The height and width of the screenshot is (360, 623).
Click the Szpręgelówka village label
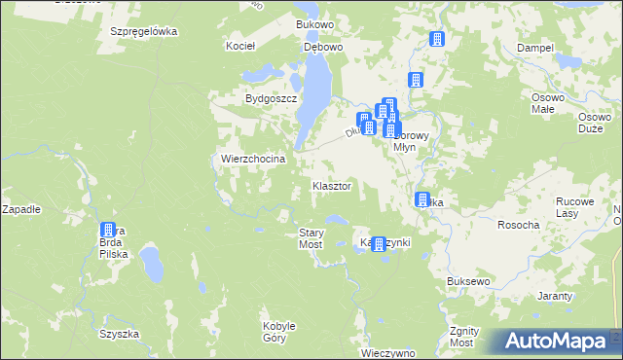click(143, 31)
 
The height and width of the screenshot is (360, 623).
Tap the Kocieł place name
click(239, 46)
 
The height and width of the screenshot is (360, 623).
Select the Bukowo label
click(314, 23)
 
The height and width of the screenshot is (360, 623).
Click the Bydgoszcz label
click(269, 99)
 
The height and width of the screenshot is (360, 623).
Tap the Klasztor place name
click(331, 185)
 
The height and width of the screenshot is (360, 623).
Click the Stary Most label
click(311, 238)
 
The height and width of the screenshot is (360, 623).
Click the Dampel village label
click(534, 48)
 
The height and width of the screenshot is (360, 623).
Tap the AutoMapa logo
click(553, 341)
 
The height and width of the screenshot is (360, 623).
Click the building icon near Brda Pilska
click(108, 232)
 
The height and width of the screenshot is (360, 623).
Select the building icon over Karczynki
click(380, 244)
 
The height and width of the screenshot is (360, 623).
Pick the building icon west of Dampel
click(437, 40)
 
